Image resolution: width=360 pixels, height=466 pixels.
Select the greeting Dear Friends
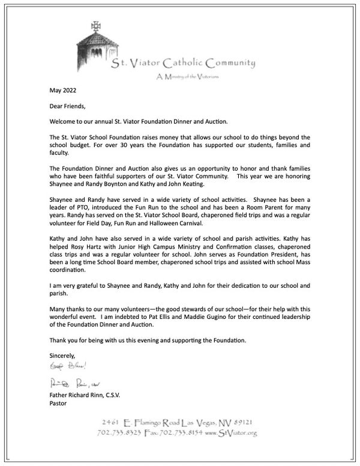[x=68, y=107]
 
